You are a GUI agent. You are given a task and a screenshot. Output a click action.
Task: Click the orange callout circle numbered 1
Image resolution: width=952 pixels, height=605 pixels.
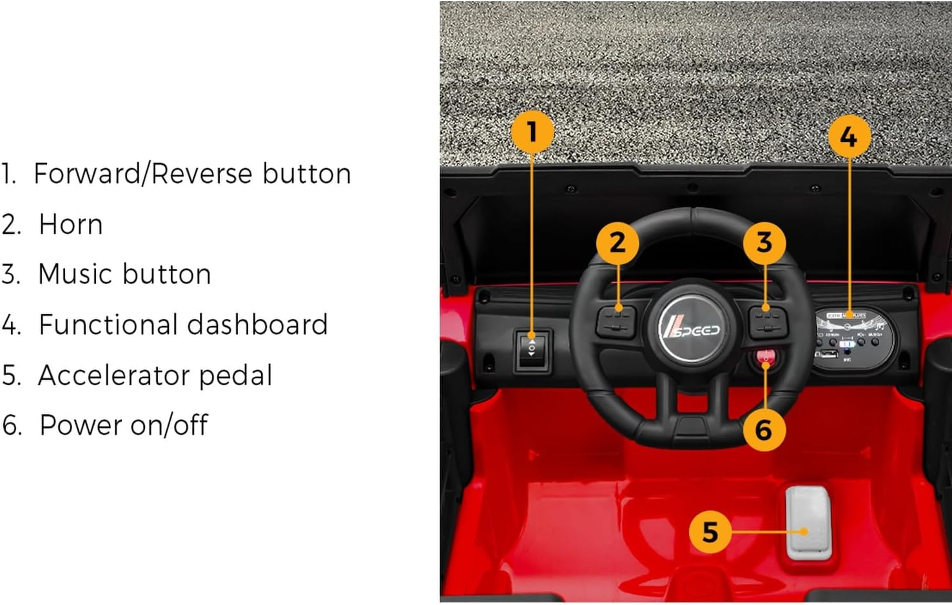point(532,132)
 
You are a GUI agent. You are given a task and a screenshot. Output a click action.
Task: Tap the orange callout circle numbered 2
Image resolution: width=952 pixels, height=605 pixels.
point(617,243)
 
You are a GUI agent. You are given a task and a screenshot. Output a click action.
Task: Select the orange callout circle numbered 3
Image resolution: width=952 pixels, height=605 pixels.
point(764,243)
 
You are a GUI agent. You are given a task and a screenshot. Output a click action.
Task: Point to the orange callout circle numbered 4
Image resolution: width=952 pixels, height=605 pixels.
point(848,137)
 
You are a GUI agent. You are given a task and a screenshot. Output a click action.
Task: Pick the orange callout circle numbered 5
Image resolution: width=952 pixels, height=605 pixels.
point(710,532)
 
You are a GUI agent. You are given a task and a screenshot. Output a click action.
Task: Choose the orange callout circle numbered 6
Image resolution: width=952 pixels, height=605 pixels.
point(763,430)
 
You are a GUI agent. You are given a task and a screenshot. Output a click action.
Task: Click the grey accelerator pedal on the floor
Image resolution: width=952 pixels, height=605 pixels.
point(808,522)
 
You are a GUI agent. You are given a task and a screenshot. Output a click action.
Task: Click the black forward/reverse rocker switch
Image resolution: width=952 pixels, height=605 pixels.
point(532,351)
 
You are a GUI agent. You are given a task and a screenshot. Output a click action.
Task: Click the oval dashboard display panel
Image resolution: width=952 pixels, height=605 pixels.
point(853,336)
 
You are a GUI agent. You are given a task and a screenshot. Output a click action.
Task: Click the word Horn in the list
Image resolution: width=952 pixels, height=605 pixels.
point(71,224)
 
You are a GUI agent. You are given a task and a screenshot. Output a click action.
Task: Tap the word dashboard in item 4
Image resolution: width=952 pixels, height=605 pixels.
point(259,324)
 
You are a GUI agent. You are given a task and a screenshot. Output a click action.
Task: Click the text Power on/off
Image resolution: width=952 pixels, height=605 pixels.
point(123,425)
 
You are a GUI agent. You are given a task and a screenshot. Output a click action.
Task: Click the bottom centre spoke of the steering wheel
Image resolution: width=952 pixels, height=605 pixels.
point(692,412)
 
